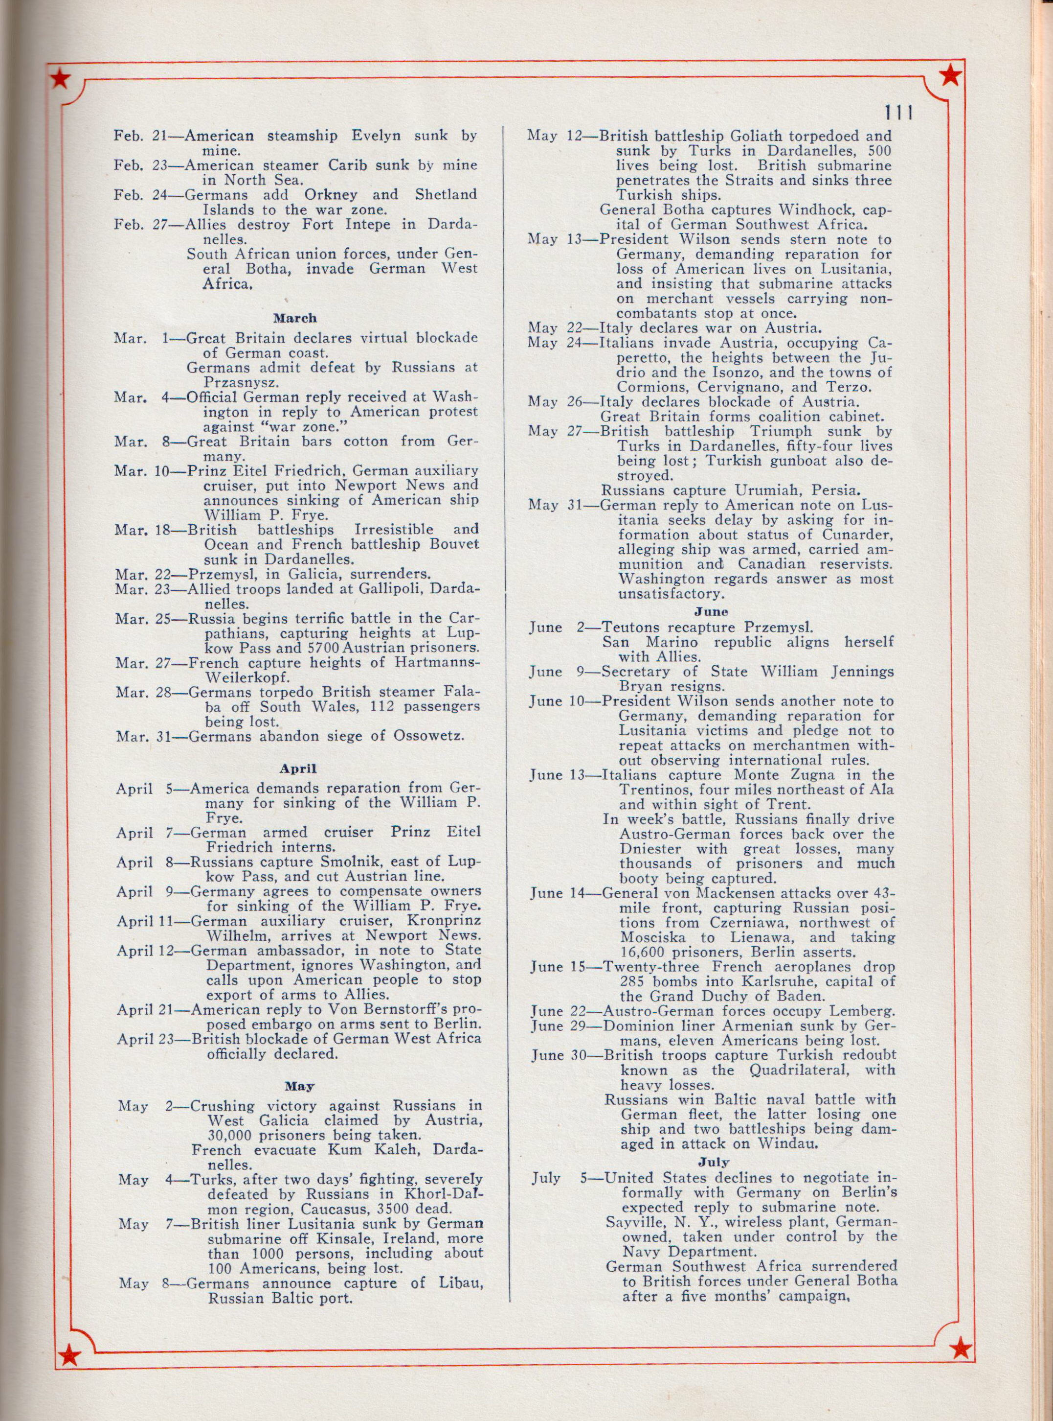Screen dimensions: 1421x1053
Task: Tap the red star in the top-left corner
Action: click(61, 78)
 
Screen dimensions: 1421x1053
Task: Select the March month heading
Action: click(294, 318)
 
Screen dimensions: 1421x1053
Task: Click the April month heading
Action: click(294, 769)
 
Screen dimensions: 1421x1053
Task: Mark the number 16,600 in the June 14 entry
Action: click(643, 952)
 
